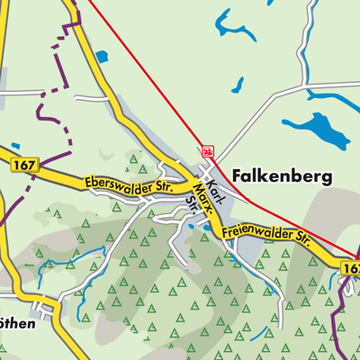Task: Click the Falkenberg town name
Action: click(283, 176)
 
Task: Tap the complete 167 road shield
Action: click(24, 166)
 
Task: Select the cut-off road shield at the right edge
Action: click(352, 267)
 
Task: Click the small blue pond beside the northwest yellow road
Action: click(101, 57)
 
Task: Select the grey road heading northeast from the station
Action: click(261, 121)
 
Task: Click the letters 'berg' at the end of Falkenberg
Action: click(311, 177)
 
